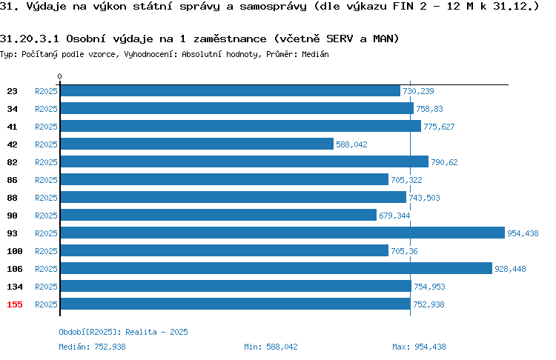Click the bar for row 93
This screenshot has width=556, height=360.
click(x=282, y=233)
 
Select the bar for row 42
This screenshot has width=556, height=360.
click(x=197, y=144)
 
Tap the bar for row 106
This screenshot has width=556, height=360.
click(x=277, y=269)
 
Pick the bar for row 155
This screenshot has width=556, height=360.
click(x=236, y=304)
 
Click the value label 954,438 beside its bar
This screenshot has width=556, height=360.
click(x=523, y=233)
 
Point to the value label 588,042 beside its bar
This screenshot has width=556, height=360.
click(x=351, y=144)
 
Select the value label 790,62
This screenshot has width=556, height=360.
click(x=444, y=162)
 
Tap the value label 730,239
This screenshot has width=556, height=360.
click(x=418, y=91)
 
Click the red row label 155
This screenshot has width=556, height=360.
click(x=15, y=304)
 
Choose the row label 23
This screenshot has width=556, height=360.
click(x=12, y=91)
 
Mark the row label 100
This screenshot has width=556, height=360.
click(x=15, y=251)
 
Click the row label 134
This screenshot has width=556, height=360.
click(x=15, y=287)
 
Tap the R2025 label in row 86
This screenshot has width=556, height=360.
click(x=46, y=180)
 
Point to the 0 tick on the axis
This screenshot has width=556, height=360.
click(x=59, y=76)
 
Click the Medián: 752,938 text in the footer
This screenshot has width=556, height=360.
click(x=92, y=347)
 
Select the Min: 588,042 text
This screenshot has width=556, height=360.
click(x=271, y=347)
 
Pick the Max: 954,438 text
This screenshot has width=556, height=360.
click(x=419, y=347)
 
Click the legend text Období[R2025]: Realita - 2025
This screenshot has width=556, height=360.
click(x=123, y=332)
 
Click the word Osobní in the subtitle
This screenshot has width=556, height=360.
click(x=86, y=39)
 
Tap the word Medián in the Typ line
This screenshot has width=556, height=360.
click(x=315, y=54)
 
